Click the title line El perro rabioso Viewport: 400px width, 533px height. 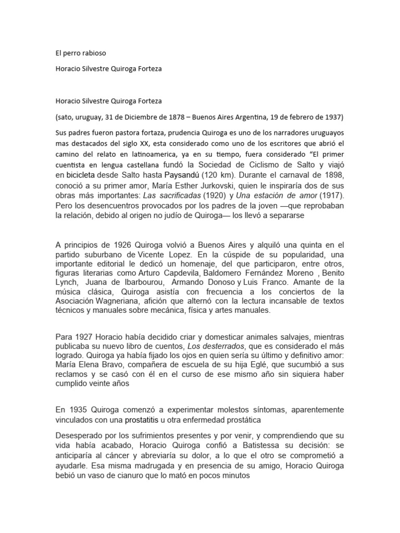coord(80,53)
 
